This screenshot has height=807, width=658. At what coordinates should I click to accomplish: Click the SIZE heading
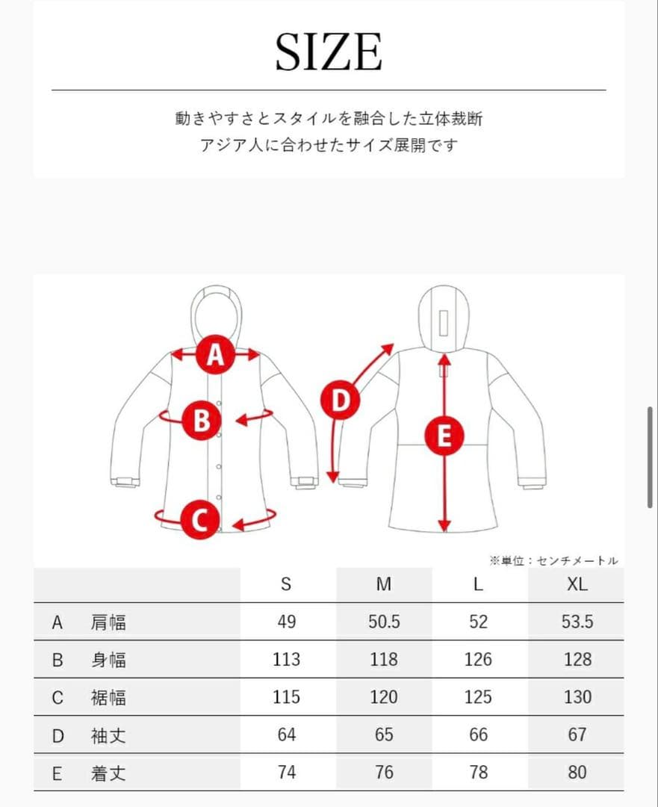329,52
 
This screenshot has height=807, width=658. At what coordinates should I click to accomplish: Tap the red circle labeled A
216,354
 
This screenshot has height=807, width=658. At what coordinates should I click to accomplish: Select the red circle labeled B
202,421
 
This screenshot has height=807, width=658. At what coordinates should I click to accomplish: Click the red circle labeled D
340,400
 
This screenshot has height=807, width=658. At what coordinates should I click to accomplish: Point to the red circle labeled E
444,436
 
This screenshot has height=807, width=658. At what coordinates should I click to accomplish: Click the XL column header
577,584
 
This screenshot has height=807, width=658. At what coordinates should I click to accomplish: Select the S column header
286,584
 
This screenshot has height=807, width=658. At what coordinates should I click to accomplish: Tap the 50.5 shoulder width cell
384,622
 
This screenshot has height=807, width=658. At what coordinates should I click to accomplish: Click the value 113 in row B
286,659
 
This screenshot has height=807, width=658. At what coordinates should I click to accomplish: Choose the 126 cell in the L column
478,659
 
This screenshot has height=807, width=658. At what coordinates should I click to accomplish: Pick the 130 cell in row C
577,697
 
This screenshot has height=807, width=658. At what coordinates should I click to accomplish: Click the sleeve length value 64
287,735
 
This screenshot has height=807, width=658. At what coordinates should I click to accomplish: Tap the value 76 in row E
384,772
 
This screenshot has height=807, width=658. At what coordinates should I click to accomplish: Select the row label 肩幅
108,622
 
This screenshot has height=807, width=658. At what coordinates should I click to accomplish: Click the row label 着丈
108,773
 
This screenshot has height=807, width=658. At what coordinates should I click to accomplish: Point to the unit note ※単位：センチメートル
553,560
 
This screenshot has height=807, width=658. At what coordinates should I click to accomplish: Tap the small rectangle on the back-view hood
444,324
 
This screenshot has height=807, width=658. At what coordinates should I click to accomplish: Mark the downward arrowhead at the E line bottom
444,525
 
